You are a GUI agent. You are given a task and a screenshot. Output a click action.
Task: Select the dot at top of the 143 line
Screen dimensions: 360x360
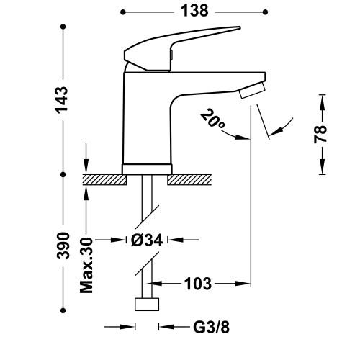coord(63,27)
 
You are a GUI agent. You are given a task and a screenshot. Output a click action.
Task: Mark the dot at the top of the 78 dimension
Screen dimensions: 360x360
coord(320,93)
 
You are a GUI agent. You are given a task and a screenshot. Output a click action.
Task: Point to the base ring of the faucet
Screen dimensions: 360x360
coord(147,168)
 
